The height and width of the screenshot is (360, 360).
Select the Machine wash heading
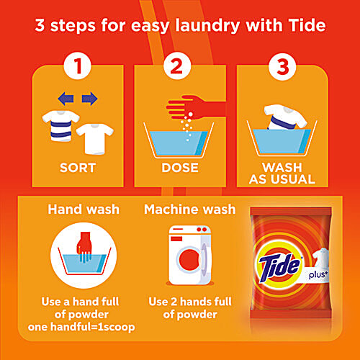(x=189, y=210)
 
